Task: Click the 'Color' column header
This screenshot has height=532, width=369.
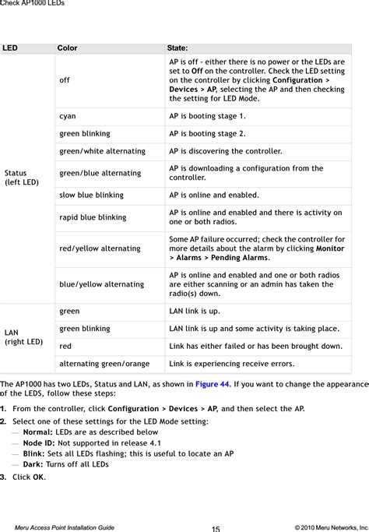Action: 67,48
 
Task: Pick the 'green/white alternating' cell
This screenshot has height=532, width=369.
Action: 102,151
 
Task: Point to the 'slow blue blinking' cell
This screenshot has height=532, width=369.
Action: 91,196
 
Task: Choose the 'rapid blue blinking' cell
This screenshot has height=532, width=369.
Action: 93,217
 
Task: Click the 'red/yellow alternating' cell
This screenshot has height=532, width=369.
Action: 100,248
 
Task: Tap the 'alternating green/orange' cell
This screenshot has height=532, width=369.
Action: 104,364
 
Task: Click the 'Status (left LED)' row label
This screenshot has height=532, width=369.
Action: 21,178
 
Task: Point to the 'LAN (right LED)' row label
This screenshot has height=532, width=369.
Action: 23,337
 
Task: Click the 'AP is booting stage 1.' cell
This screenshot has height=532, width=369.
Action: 207,116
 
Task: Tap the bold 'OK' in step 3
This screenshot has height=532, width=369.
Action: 38,477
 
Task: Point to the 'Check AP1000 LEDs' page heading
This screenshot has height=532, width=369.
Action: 32,4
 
